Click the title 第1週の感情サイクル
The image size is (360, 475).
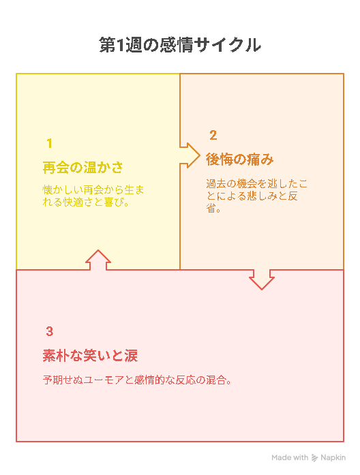pyautogui.click(x=180, y=45)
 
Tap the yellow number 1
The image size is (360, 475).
pyautogui.click(x=49, y=143)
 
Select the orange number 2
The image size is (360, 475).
pyautogui.click(x=213, y=135)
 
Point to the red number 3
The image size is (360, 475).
pyautogui.click(x=50, y=331)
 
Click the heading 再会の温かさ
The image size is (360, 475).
pyautogui.click(x=82, y=168)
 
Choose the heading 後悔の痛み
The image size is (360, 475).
pyautogui.click(x=240, y=159)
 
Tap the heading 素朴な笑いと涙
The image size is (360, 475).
pyautogui.click(x=90, y=355)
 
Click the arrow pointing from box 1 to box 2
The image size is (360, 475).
pyautogui.click(x=190, y=155)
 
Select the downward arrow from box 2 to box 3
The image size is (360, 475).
pyautogui.click(x=262, y=279)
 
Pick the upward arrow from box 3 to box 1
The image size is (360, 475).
pyautogui.click(x=98, y=260)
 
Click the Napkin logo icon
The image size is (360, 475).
pyautogui.click(x=315, y=458)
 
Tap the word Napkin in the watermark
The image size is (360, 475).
pyautogui.click(x=333, y=458)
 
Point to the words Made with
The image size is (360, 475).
pyautogui.click(x=290, y=457)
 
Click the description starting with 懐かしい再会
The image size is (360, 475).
pyautogui.click(x=93, y=196)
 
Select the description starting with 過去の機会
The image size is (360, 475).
pyautogui.click(x=256, y=196)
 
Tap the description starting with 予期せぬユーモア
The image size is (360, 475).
pyautogui.click(x=137, y=380)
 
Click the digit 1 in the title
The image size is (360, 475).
pyautogui.click(x=120, y=46)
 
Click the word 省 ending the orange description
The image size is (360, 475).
pyautogui.click(x=211, y=208)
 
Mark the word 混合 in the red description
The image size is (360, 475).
pyautogui.click(x=215, y=380)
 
